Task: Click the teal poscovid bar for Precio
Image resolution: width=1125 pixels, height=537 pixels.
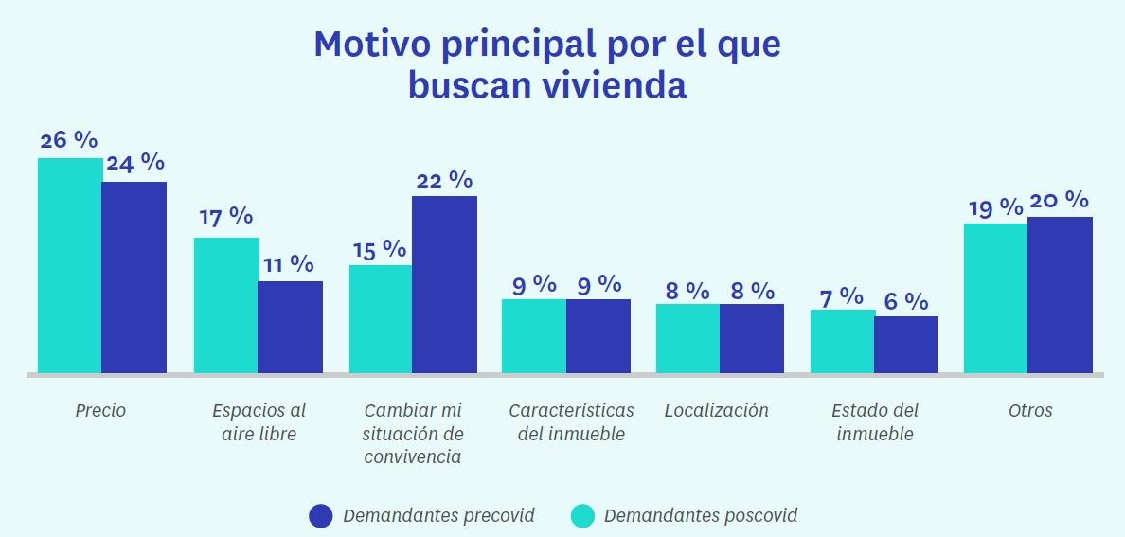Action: (70, 265)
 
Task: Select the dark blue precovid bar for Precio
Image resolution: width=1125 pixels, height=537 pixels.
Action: (134, 277)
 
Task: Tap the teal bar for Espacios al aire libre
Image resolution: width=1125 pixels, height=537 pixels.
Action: (226, 305)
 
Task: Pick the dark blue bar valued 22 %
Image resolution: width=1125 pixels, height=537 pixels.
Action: (444, 284)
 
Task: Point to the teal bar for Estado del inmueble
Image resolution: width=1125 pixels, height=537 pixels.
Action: (843, 341)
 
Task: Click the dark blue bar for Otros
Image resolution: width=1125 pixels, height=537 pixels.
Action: (1060, 295)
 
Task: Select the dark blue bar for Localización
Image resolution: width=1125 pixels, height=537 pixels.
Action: (752, 338)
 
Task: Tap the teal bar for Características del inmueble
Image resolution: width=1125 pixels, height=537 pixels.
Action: (534, 335)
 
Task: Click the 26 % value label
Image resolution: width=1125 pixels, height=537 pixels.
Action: (69, 140)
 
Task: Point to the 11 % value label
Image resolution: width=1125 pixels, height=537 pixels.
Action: (288, 264)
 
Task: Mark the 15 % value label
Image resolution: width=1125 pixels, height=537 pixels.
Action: (379, 250)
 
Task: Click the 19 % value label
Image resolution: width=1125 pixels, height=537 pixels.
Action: (994, 207)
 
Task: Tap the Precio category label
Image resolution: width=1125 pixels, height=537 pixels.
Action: (100, 411)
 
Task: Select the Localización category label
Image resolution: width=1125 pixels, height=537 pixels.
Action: (717, 411)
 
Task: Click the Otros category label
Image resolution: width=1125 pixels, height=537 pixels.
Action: (1030, 411)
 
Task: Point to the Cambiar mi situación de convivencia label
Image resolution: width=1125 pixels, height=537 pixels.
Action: (413, 434)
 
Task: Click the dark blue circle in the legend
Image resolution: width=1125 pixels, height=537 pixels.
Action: (321, 516)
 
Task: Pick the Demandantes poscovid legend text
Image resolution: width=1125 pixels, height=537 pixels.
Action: (700, 516)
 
